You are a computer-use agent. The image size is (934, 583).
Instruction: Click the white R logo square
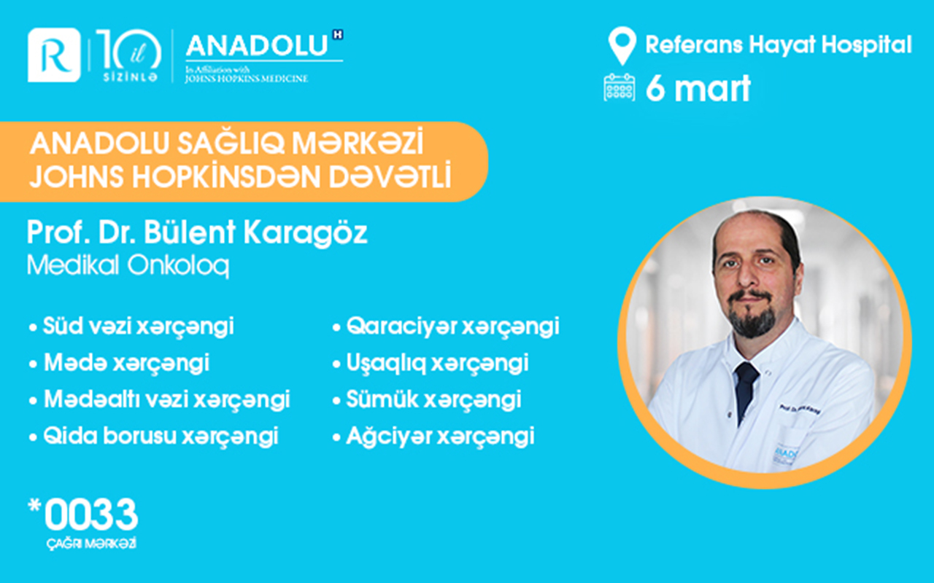(53, 55)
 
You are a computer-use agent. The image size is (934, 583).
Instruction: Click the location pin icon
(621, 46)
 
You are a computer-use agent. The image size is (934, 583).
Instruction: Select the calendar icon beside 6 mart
(620, 88)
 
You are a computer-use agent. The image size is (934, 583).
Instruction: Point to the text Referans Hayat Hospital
(778, 45)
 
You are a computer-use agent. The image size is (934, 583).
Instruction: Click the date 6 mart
(698, 89)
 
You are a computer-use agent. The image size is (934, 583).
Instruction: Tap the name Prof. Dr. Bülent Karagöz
(197, 233)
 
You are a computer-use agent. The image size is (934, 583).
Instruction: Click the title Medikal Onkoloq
(128, 266)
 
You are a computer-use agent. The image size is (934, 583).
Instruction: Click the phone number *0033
(83, 516)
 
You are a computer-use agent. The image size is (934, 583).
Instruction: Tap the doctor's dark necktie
(746, 390)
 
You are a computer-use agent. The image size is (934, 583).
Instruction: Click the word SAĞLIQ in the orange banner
(228, 145)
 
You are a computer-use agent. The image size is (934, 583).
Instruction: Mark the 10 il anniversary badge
(128, 55)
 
